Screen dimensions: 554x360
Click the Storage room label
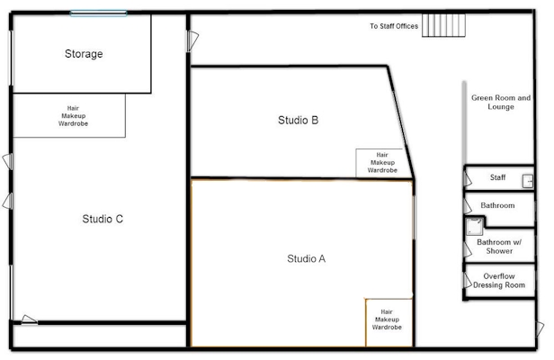[84, 54]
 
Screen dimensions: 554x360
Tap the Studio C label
[103, 219]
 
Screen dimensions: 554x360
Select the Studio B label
[299, 121]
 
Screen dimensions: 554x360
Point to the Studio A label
[307, 258]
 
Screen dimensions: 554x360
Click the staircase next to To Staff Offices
[443, 25]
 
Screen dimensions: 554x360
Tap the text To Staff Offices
[394, 26]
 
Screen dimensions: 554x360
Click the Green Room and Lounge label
[501, 103]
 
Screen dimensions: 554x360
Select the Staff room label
[498, 177]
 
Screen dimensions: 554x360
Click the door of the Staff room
[468, 179]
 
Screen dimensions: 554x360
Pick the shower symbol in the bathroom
[475, 226]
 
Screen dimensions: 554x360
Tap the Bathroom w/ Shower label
[499, 247]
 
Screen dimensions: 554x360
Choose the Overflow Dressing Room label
[499, 281]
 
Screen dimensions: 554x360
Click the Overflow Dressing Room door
[468, 281]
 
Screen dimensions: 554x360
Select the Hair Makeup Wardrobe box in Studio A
[389, 322]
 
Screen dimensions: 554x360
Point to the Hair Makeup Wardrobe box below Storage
[69, 115]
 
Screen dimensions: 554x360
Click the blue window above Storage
[99, 13]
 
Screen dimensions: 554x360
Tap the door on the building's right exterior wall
[540, 328]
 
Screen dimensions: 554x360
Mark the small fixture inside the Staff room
[528, 181]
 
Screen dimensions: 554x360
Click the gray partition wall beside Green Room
[464, 123]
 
